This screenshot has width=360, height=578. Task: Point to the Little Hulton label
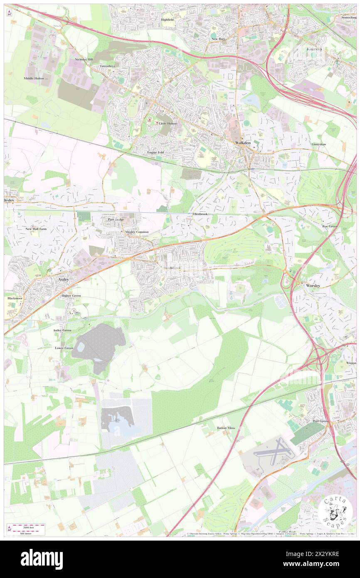[168, 124]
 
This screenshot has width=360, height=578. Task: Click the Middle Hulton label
[34, 78]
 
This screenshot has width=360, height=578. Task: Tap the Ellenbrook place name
[200, 214]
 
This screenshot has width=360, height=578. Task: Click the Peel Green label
[321, 421]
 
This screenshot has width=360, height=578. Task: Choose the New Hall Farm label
[36, 229]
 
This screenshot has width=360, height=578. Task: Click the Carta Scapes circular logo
[336, 511]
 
